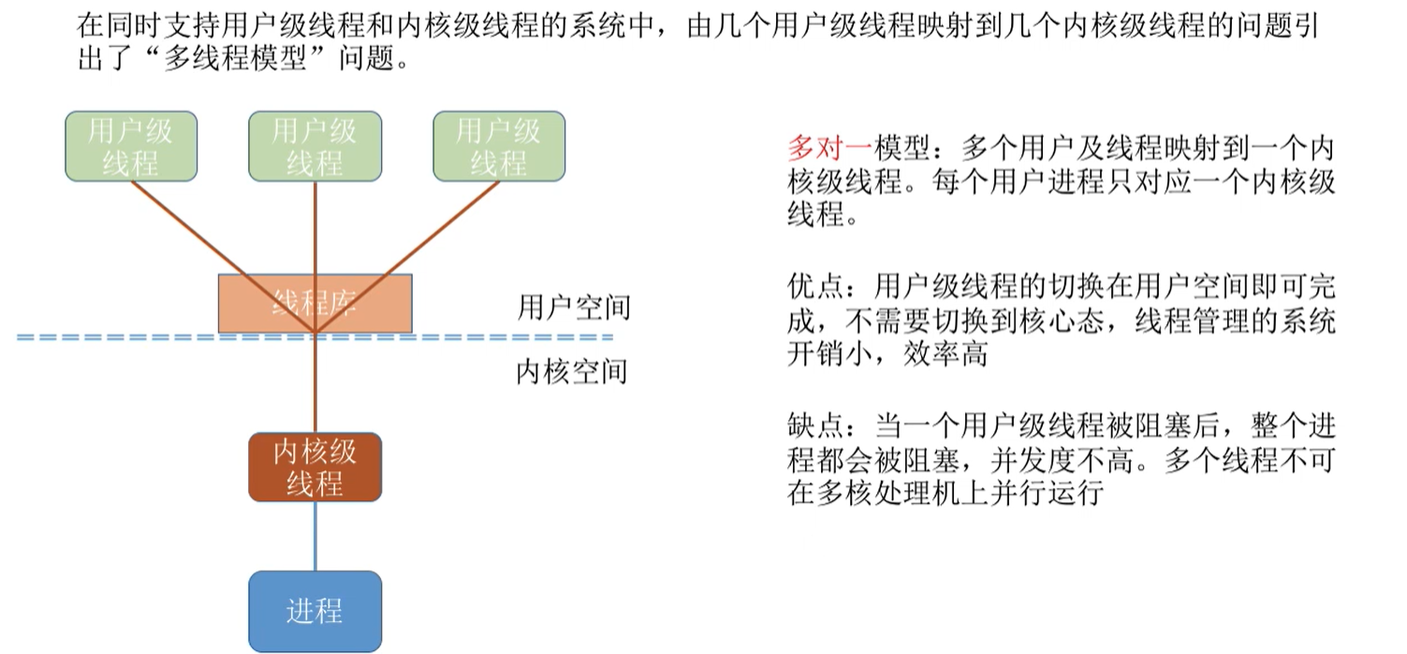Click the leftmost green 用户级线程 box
130,146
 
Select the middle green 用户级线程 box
315,146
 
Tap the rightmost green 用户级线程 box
499,146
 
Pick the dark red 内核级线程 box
315,467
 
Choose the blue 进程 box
315,611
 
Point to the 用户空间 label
573,307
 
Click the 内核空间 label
571,372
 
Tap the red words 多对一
829,148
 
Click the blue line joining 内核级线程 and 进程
315,536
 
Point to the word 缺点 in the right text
809,426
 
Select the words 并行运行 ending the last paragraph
1063,493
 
